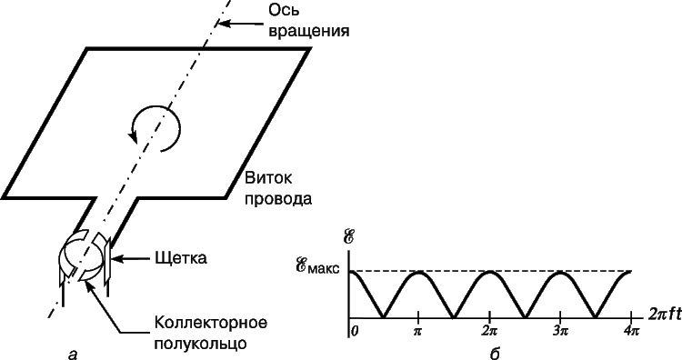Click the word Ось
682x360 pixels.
tap(283, 10)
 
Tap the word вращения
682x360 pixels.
tap(308, 32)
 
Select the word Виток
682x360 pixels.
tap(268, 178)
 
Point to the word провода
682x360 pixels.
tap(278, 199)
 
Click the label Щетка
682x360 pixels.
tap(181, 258)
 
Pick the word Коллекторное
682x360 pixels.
tap(211, 323)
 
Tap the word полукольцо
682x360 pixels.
tap(200, 344)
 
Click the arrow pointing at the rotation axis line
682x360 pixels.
tap(240, 25)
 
